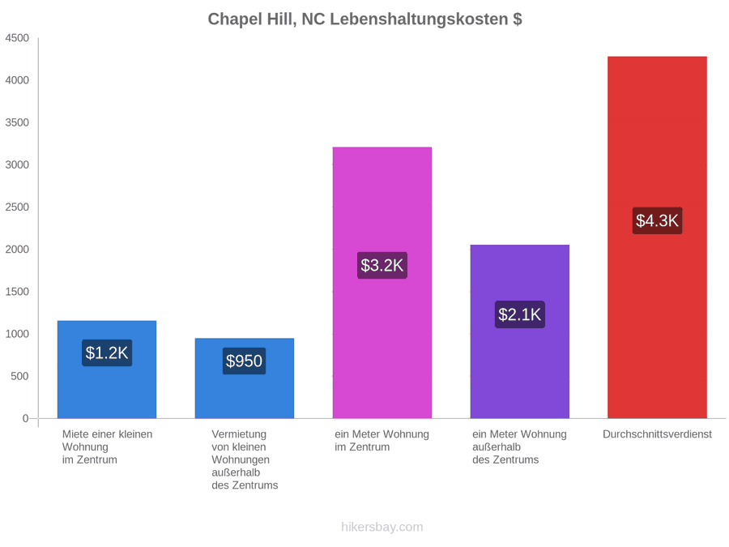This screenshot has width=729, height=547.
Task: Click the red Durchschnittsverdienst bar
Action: (x=657, y=237)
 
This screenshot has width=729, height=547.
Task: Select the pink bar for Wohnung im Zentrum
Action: (x=382, y=282)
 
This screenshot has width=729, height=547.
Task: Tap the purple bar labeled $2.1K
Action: (x=519, y=331)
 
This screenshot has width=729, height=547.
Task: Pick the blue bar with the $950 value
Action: (x=244, y=378)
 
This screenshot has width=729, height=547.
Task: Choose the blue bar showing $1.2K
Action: (x=106, y=370)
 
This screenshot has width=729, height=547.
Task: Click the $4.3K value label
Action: (x=657, y=220)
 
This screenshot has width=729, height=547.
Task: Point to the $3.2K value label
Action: (x=382, y=265)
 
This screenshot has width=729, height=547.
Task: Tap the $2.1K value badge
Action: (x=519, y=314)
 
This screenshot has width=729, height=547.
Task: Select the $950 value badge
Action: (x=244, y=361)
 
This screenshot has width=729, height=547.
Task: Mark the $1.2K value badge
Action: (x=106, y=353)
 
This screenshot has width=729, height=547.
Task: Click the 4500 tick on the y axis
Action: (x=17, y=37)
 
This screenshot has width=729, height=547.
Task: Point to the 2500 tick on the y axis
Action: (x=17, y=207)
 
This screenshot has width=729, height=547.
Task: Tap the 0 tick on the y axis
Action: (x=26, y=418)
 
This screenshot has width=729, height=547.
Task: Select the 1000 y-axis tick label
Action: (x=17, y=334)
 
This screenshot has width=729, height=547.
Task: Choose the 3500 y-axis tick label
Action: (x=17, y=122)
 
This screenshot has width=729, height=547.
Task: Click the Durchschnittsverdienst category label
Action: (x=657, y=434)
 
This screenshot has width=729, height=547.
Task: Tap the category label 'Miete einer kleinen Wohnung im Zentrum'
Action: (x=108, y=447)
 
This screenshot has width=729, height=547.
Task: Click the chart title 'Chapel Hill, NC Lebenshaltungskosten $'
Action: (x=364, y=19)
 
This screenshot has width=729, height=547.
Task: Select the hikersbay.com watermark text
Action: (x=382, y=527)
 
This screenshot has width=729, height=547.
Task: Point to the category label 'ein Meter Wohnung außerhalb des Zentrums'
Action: (x=519, y=447)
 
